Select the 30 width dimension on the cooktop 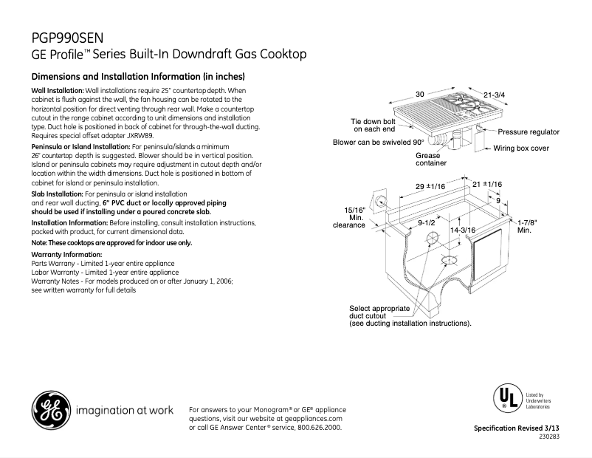[419, 95]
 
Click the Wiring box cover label [521, 148]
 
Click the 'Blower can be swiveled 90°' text [378, 142]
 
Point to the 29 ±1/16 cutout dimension [429, 187]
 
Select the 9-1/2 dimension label [426, 222]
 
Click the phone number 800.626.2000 [318, 428]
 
